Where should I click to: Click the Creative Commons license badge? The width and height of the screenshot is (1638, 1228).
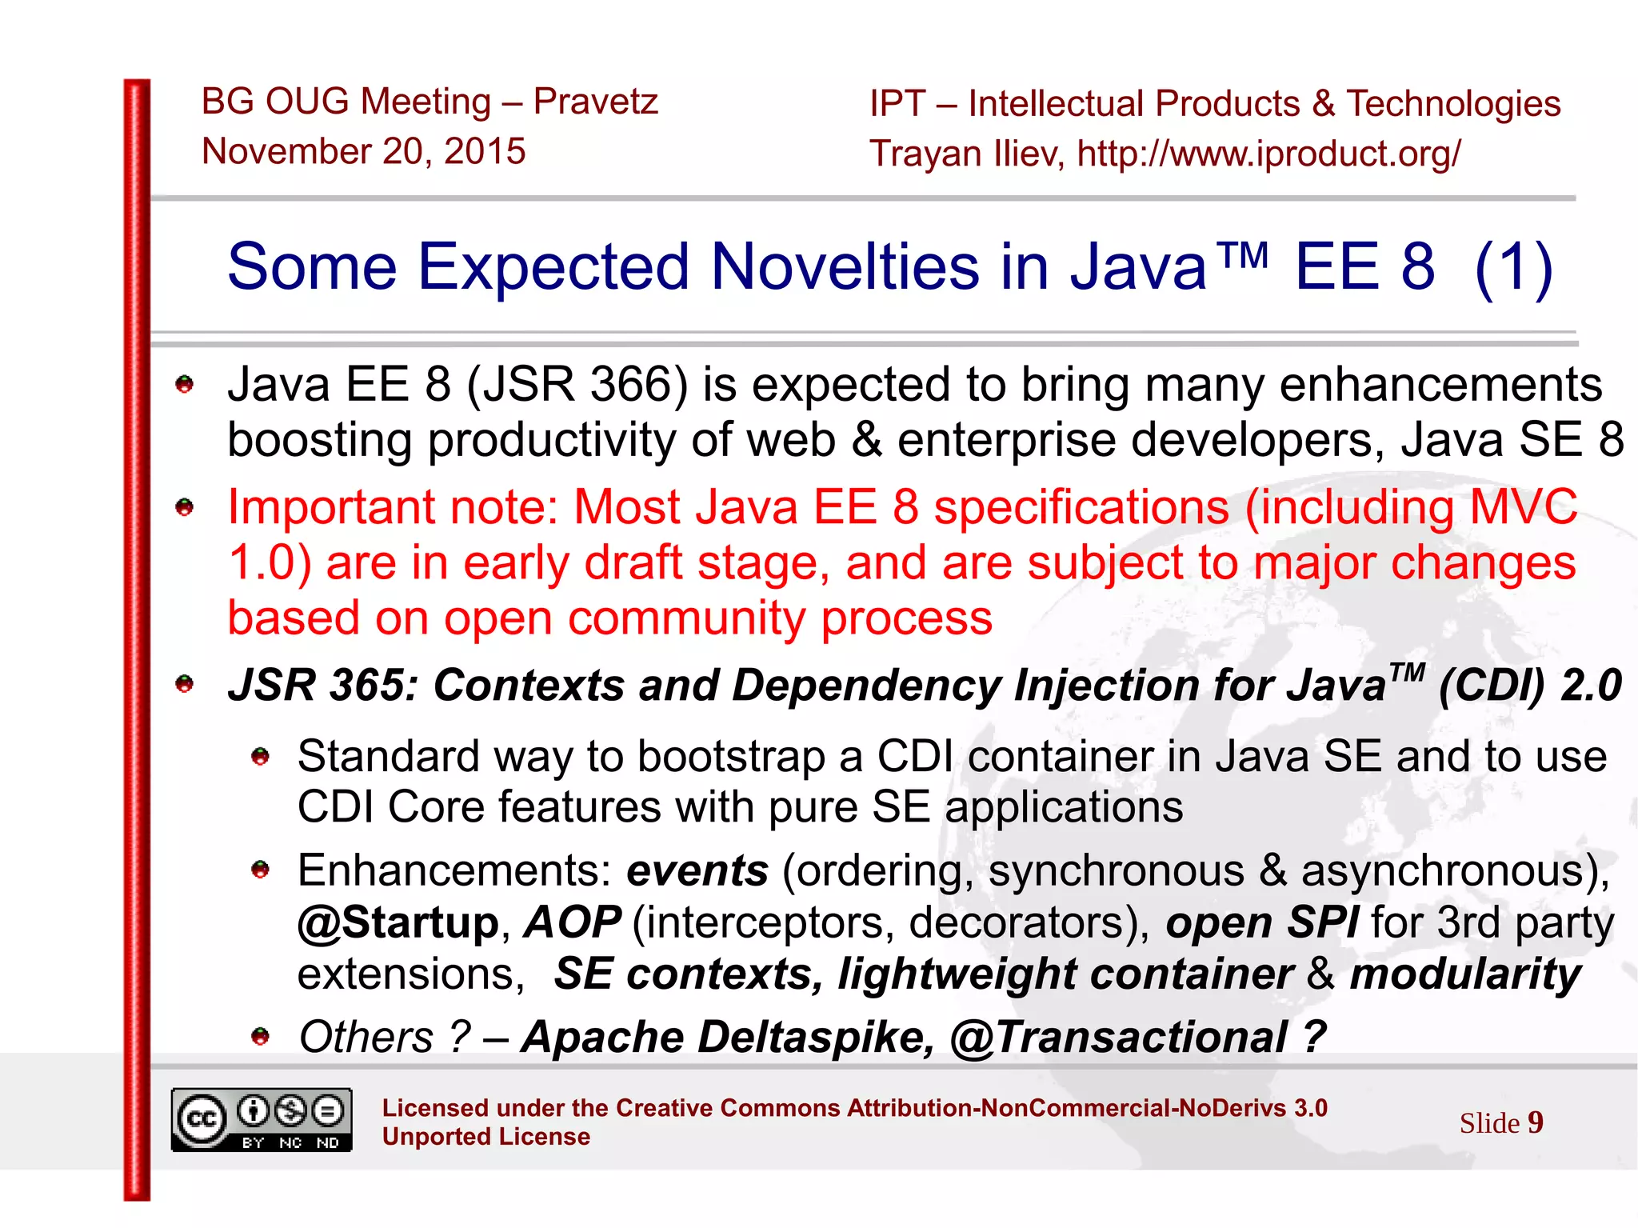(261, 1120)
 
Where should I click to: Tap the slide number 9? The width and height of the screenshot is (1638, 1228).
(1535, 1122)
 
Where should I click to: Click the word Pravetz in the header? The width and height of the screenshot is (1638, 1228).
(595, 102)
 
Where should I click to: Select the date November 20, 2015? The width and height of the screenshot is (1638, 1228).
(364, 151)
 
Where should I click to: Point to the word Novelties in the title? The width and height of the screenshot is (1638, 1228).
(845, 266)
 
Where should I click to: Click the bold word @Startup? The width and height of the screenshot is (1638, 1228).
(398, 922)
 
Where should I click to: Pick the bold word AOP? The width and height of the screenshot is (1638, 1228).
(573, 922)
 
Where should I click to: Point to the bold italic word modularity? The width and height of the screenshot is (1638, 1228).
(1465, 974)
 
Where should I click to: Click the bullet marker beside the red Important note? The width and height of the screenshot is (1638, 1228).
(185, 507)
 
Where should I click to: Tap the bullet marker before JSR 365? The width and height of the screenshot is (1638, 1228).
(185, 684)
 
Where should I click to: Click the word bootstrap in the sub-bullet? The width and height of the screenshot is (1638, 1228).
(731, 757)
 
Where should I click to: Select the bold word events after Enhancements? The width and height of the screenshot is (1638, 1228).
(697, 870)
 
